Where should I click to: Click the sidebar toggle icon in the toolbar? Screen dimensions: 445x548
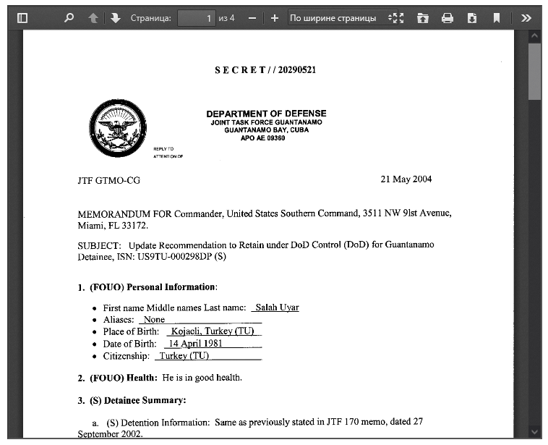(x=22, y=18)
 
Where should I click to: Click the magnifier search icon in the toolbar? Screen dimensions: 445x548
(x=69, y=18)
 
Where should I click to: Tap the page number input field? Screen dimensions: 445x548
(x=197, y=18)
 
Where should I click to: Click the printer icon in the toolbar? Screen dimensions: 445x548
(x=448, y=18)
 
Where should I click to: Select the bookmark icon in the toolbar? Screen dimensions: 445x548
(x=497, y=18)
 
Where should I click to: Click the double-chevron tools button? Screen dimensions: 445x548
(x=526, y=18)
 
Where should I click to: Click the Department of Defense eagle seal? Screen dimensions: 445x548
(x=117, y=128)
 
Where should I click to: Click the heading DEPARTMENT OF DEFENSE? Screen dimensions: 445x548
(x=266, y=114)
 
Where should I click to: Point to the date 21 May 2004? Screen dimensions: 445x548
(x=406, y=179)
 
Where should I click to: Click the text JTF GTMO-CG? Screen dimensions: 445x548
(x=108, y=181)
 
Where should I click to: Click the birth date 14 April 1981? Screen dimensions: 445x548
(x=195, y=344)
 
